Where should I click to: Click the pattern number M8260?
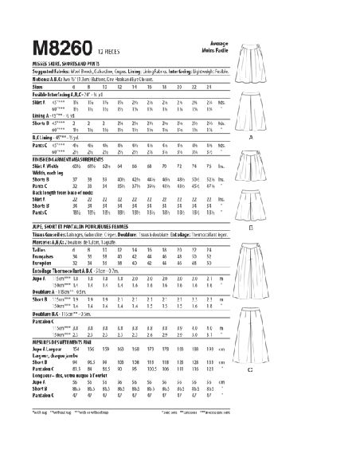(42, 21)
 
